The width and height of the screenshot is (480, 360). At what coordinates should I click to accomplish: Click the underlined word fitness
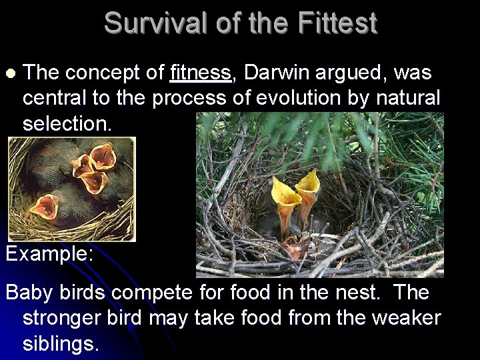click(x=201, y=73)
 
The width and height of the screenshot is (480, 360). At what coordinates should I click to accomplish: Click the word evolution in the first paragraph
click(x=292, y=98)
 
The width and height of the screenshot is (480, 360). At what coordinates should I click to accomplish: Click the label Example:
click(x=50, y=253)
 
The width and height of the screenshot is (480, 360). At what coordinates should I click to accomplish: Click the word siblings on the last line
click(x=61, y=343)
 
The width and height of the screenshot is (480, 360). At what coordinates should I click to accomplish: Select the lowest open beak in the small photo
click(x=45, y=206)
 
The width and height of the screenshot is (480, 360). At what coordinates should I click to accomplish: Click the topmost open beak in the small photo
click(x=103, y=156)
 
